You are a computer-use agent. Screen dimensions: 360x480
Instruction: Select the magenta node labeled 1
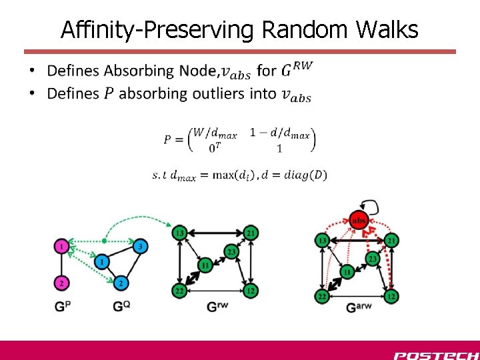pos(61,247)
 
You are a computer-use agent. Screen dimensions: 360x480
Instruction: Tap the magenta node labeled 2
pos(61,283)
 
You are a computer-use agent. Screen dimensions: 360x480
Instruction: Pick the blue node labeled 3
pos(140,247)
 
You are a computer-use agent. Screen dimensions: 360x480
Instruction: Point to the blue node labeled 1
pos(101,262)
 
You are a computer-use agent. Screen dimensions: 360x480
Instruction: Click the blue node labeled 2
pos(121,283)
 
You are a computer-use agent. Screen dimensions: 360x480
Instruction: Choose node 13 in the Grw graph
pos(179,233)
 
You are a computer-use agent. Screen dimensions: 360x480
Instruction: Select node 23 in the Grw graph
pos(231,251)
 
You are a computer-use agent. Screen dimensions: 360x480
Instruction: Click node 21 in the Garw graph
pos(392,240)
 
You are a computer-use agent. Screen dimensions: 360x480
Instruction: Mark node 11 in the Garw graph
pos(347,272)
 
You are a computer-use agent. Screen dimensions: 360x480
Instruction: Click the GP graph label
pos(62,307)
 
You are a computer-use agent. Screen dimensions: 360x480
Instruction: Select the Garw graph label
pos(359,307)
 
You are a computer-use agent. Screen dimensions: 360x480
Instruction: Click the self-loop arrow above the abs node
pos(368,203)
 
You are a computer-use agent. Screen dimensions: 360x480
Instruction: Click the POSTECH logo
pos(435,354)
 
